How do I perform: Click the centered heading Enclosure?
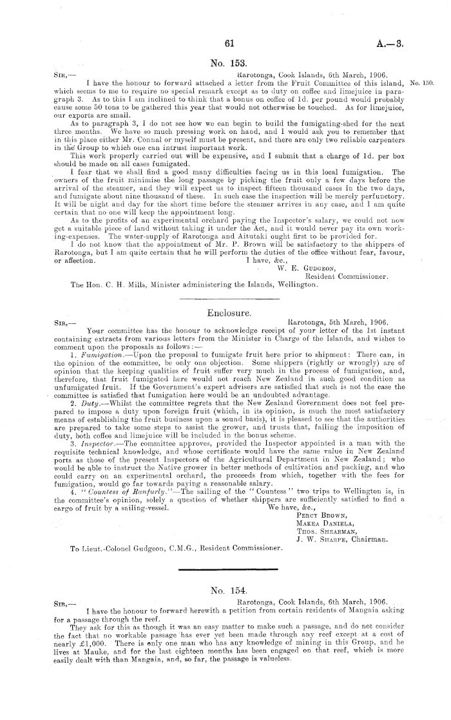(x=225, y=312)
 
